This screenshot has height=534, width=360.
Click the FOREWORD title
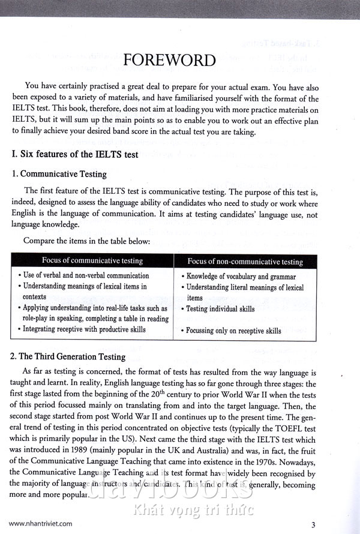[169, 60]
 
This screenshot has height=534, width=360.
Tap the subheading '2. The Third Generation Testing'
[68, 356]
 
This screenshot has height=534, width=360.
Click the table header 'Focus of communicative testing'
[92, 260]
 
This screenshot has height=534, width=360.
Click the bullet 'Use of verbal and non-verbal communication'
[86, 276]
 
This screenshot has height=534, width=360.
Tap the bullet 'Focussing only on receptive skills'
[233, 331]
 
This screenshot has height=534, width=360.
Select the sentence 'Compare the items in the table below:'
[86, 241]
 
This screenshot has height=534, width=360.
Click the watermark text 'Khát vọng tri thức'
[202, 511]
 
